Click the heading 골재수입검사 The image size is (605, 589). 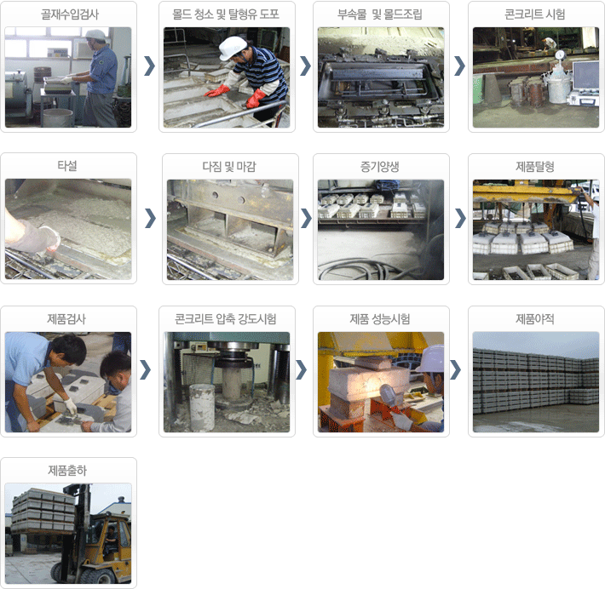tap(70, 14)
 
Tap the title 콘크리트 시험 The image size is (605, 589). tap(535, 14)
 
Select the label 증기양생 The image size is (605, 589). tap(380, 167)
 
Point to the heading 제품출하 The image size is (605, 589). tap(67, 471)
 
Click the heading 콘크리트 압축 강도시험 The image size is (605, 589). tap(225, 319)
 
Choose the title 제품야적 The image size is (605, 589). tap(535, 319)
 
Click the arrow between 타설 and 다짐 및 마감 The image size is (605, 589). tap(150, 218)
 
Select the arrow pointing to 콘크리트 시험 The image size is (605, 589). tap(459, 66)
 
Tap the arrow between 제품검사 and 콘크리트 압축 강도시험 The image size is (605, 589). tap(145, 370)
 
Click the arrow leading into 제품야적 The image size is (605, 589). tap(455, 370)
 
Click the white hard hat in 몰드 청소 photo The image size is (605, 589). tap(232, 48)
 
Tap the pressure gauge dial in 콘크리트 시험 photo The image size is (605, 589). tap(560, 54)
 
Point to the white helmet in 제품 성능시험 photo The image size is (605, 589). tap(432, 359)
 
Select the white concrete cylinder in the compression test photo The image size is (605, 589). tap(202, 407)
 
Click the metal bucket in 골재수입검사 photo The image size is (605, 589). tap(58, 117)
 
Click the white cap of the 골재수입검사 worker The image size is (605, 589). tap(95, 35)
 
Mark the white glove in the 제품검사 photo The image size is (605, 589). tap(71, 407)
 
